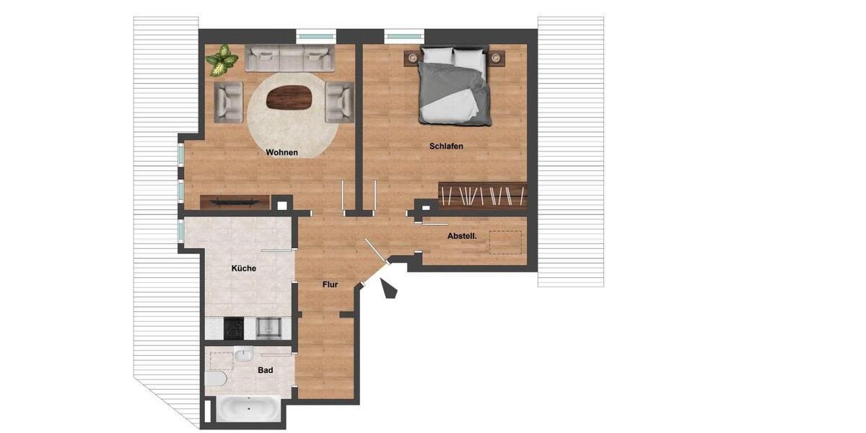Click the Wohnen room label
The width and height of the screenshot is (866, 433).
pos(281,152)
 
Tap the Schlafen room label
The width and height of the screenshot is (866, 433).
pos(446,146)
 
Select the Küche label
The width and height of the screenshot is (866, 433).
pos(244,268)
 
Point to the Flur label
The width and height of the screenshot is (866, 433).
pos(330,284)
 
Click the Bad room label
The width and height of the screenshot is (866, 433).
pos(265,370)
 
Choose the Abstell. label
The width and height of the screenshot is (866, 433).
pos(462,236)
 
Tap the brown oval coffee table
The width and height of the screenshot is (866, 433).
pos(289,97)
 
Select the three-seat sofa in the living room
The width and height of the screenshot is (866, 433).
pos(289,58)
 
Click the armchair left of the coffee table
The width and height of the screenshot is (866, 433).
pos(228,101)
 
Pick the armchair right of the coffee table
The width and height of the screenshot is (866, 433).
pos(339,101)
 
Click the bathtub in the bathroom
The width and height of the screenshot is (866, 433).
pos(249,408)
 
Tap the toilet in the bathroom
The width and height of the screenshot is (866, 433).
pos(216,378)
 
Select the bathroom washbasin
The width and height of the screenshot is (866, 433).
pos(242,354)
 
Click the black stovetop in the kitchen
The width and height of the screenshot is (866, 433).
pos(234,328)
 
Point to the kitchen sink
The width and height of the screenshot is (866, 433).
pos(268,328)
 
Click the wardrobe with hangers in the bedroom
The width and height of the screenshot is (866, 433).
pos(482,195)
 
